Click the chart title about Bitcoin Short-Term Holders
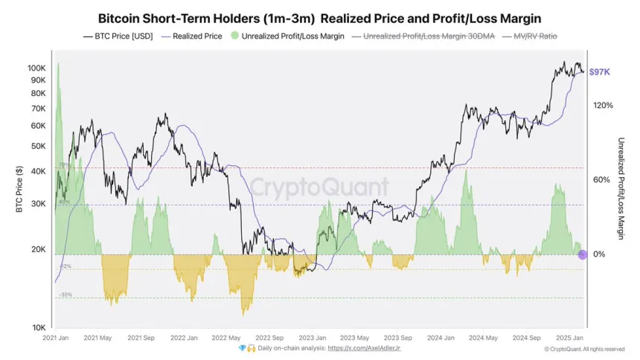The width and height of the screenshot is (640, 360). point(319,17)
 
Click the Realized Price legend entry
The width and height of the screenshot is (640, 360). point(196,36)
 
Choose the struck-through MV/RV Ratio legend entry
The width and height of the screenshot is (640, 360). point(531,36)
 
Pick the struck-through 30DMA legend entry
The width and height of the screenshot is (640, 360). point(424,36)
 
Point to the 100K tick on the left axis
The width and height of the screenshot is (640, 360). point(37,68)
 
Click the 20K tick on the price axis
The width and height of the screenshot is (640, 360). point(39,249)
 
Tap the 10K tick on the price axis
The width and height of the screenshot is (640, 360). point(39,327)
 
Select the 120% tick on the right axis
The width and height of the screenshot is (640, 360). point(603,106)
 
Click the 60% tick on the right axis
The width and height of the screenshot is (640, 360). point(603,180)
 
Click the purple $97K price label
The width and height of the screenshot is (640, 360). point(600,72)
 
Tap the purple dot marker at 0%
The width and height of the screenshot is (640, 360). point(583,254)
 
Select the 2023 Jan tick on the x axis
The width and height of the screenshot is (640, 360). point(313,338)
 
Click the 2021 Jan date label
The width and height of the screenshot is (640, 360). point(57,338)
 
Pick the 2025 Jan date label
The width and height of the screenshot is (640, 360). point(569,338)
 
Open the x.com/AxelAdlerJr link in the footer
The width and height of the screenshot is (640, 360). point(369,347)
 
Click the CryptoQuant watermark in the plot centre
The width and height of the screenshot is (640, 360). point(319,185)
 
